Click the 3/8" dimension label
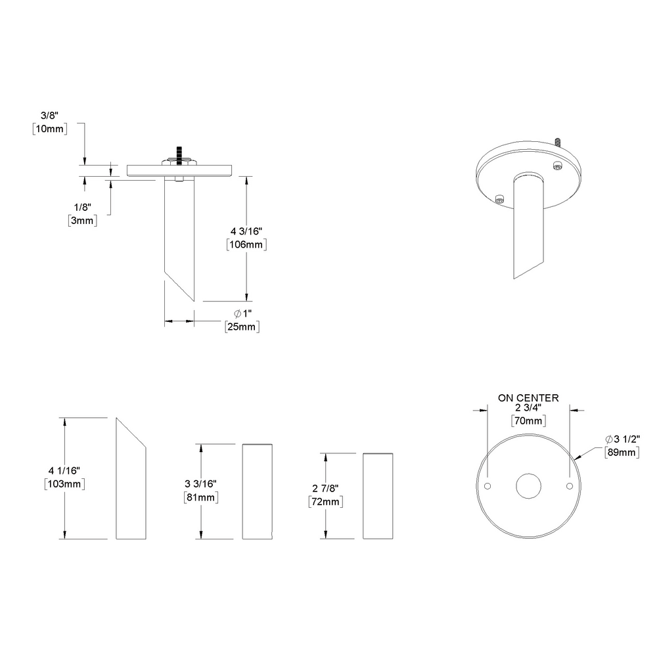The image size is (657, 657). tap(49, 116)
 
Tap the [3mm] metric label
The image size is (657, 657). tap(83, 221)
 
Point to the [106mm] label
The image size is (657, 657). tap(246, 244)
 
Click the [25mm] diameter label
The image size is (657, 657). tap(241, 327)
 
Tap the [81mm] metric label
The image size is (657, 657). tap(201, 497)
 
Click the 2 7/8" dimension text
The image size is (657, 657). tap(325, 489)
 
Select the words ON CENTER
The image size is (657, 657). tap(528, 398)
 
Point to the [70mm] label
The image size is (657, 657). tap(529, 421)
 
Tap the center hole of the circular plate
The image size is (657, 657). tap(528, 486)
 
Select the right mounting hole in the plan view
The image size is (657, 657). tap(569, 486)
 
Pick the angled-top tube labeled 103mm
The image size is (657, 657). tap(131, 483)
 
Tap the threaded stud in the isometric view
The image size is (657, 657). tap(557, 142)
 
